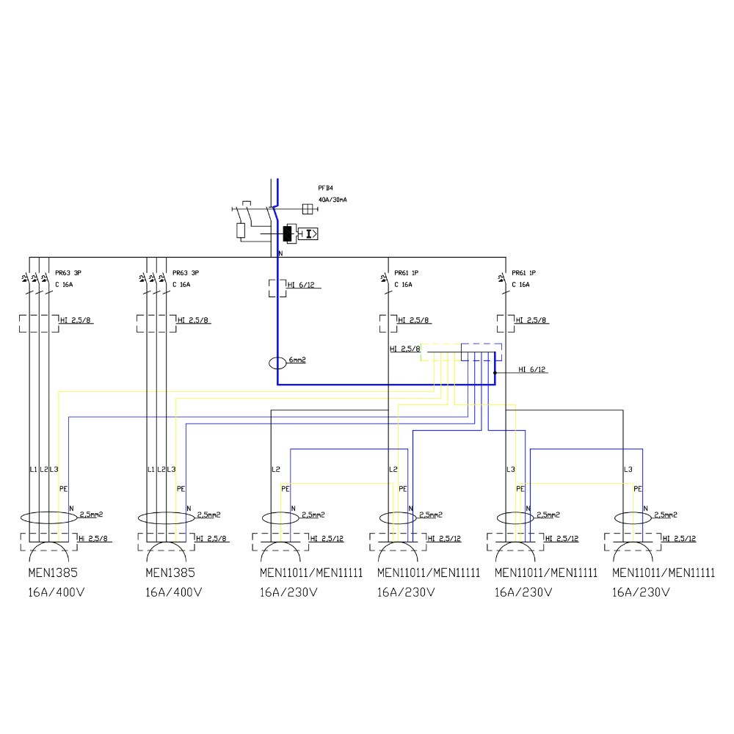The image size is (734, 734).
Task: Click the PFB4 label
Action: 325,188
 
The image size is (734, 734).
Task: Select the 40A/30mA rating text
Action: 333,200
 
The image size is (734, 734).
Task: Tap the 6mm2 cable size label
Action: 297,360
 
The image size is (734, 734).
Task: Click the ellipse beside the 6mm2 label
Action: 277,363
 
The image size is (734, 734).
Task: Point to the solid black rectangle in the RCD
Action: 287,234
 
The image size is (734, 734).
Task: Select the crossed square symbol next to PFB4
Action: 308,208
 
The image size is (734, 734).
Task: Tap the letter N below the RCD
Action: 280,254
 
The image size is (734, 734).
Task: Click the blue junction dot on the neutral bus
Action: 495,373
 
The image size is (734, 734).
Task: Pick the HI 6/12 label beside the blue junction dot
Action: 531,370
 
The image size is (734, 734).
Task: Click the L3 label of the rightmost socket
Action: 628,469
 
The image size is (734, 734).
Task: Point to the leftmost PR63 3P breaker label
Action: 68,272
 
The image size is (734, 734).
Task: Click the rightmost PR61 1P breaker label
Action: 526,272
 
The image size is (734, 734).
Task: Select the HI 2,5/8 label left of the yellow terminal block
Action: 404,349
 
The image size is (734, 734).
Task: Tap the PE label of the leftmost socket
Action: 63,488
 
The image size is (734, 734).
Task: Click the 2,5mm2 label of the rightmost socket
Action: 664,515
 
